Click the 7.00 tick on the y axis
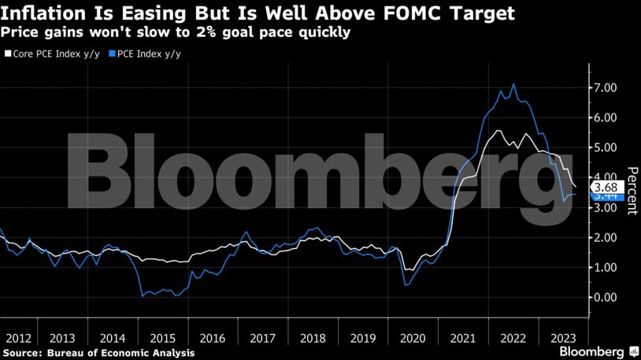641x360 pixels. coord(606,87)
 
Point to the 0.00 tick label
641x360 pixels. coord(606,297)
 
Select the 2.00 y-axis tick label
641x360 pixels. coord(606,237)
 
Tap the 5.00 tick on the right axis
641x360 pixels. coord(606,147)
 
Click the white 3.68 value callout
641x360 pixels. coord(607,187)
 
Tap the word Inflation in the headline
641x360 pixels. coord(39,13)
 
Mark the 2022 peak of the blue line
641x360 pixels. coord(514,84)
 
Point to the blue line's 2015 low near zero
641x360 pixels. coord(143,296)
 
